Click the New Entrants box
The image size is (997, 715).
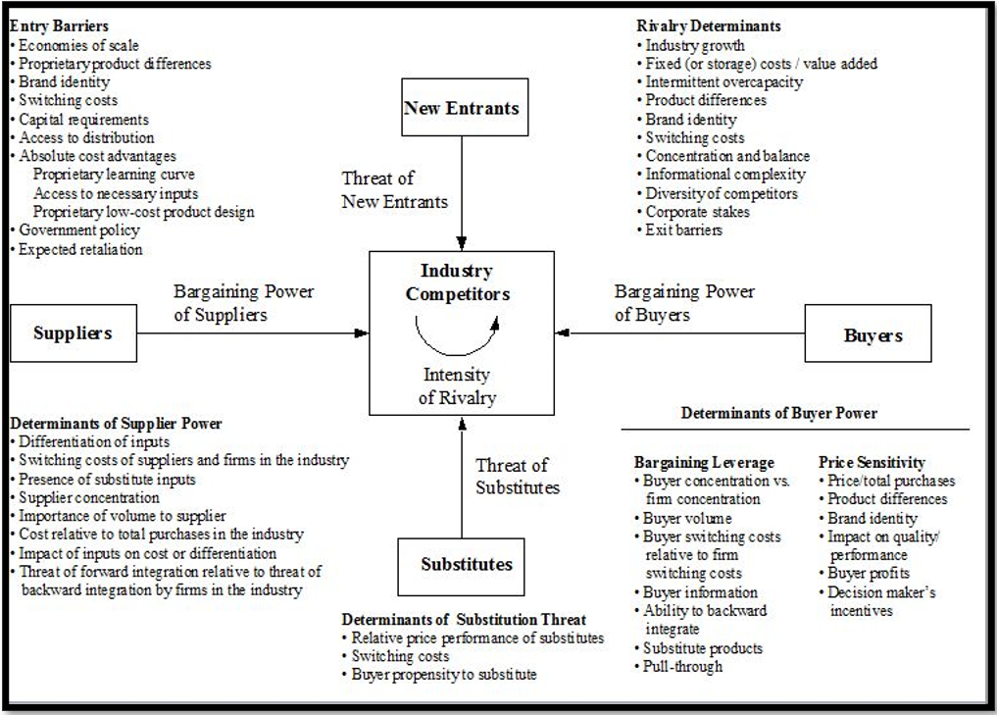click(x=462, y=107)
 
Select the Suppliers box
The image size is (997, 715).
click(x=73, y=332)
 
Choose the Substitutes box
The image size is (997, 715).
click(x=467, y=564)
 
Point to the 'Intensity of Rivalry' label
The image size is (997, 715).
click(x=457, y=386)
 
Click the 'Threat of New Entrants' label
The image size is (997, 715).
click(x=394, y=190)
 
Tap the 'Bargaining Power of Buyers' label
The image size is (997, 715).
click(x=684, y=303)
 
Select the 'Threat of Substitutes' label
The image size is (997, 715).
click(x=517, y=476)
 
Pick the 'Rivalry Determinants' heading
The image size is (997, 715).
click(x=709, y=26)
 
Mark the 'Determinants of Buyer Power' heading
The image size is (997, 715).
click(x=779, y=414)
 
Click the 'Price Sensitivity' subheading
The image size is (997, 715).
click(x=872, y=462)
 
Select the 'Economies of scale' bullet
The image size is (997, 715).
click(x=78, y=45)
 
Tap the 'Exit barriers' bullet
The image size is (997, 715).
click(x=683, y=230)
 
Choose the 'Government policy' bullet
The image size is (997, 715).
click(x=79, y=230)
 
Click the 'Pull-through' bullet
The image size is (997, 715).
click(x=682, y=667)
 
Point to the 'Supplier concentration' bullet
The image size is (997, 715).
click(x=89, y=498)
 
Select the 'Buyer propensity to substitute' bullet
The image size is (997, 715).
click(x=444, y=675)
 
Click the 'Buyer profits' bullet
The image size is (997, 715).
click(x=869, y=573)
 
